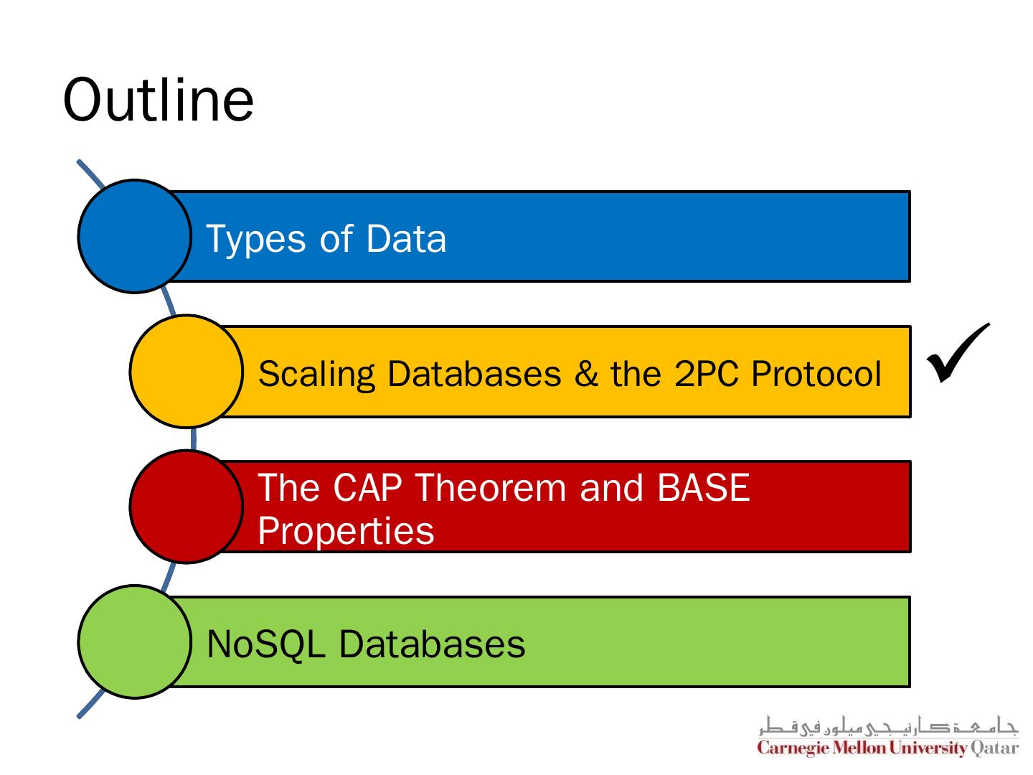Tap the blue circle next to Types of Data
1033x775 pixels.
click(134, 236)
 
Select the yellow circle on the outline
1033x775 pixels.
click(186, 371)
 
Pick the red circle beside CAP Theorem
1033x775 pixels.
click(186, 507)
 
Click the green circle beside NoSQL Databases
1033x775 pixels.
click(134, 642)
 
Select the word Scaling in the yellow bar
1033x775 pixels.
click(316, 375)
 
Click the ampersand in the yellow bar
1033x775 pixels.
click(586, 374)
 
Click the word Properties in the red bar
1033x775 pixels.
click(346, 532)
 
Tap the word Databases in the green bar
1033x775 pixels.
click(432, 644)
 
